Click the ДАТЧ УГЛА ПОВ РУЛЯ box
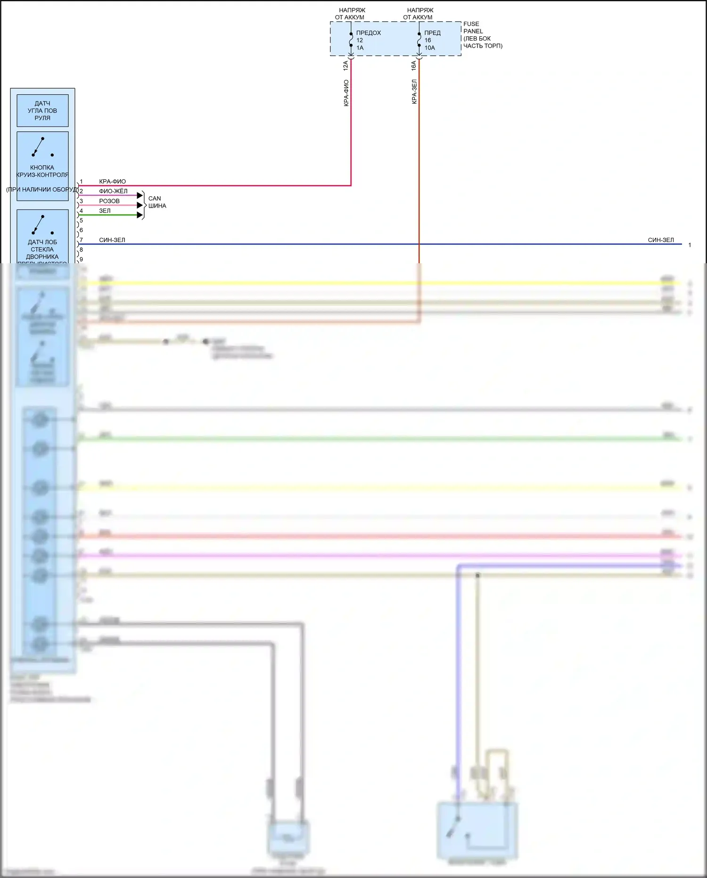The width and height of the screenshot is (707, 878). click(42, 111)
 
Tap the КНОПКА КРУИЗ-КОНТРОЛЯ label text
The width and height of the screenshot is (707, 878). click(42, 171)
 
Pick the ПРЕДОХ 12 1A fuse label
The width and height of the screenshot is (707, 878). click(368, 40)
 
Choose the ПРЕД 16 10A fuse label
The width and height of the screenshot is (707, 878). click(432, 40)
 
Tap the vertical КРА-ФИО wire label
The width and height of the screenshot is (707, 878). click(346, 93)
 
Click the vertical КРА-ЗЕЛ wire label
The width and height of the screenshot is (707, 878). click(414, 92)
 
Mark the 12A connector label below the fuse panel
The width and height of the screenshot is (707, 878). click(346, 66)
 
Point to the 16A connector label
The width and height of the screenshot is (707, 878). click(414, 66)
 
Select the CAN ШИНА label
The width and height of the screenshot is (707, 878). click(157, 202)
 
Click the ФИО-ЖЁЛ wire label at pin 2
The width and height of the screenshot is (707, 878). click(113, 191)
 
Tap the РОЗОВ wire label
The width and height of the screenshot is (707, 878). click(109, 201)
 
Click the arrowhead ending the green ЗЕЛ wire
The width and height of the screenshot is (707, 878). click(140, 215)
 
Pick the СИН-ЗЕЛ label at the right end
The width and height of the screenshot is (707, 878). click(661, 240)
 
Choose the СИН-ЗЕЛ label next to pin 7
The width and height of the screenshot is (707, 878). click(112, 240)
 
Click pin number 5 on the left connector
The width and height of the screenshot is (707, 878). click(81, 220)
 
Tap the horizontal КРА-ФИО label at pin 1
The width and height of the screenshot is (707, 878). click(113, 182)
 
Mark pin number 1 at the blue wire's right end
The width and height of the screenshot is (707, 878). click(690, 245)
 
